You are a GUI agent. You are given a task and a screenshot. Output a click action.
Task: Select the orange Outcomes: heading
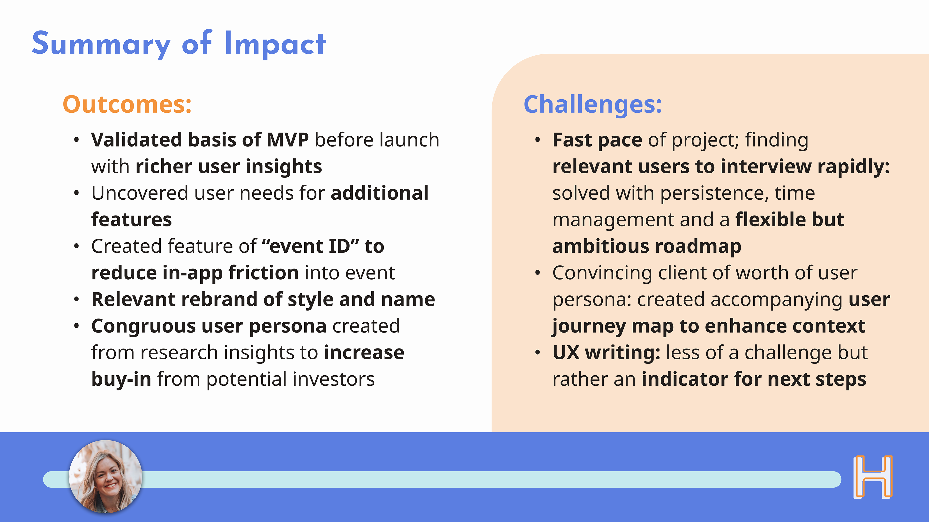pos(127,104)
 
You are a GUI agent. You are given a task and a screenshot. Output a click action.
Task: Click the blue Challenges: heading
pos(592,104)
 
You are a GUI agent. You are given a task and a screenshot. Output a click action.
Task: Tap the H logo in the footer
pos(873,477)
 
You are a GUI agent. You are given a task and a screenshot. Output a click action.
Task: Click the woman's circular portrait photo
pos(106,477)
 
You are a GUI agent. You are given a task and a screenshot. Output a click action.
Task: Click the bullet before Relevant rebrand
pos(76,299)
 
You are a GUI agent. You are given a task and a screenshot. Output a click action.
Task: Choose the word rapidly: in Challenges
pos(854,167)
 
